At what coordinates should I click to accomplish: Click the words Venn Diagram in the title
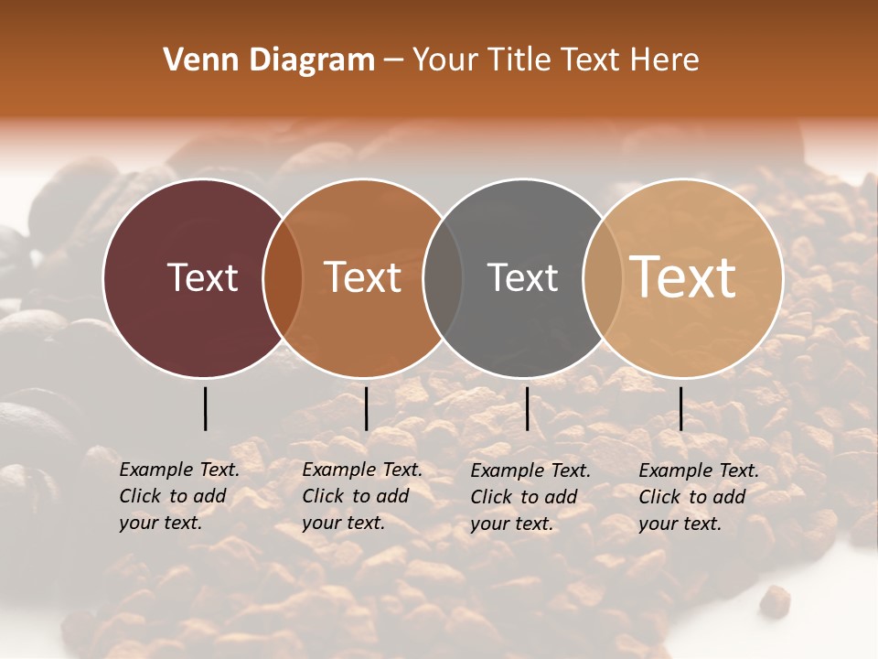click(269, 60)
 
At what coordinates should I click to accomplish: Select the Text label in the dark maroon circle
click(202, 277)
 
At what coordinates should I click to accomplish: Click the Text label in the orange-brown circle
click(363, 277)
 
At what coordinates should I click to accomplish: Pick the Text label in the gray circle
click(522, 277)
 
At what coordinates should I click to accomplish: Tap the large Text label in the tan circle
click(683, 277)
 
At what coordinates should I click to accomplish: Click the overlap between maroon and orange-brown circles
click(283, 277)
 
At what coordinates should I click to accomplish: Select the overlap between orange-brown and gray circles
click(443, 277)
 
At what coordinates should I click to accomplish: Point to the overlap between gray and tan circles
click(602, 277)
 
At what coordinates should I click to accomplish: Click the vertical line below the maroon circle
click(205, 408)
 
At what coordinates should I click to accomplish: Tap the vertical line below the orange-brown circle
click(366, 408)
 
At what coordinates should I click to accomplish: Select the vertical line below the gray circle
click(527, 408)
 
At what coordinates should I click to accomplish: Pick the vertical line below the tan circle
click(680, 408)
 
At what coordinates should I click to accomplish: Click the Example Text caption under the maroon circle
click(178, 496)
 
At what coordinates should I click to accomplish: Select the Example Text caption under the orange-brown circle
click(361, 496)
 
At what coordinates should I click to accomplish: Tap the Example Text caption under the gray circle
click(530, 497)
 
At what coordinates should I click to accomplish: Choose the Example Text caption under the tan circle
click(698, 497)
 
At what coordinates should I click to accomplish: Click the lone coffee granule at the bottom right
click(775, 600)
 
